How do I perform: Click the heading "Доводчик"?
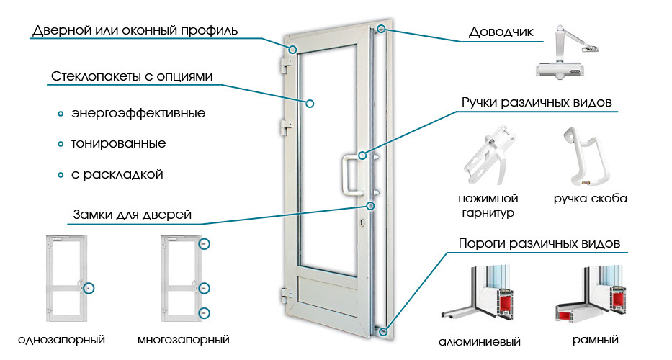[501, 32]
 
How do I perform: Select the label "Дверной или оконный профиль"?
[135, 31]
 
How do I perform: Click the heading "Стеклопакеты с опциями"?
[133, 76]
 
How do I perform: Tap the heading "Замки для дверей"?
[132, 215]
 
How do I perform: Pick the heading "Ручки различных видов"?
[537, 102]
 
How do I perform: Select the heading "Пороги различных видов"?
[539, 243]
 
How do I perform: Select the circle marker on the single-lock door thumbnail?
[89, 287]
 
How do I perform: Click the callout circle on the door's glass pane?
[310, 103]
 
